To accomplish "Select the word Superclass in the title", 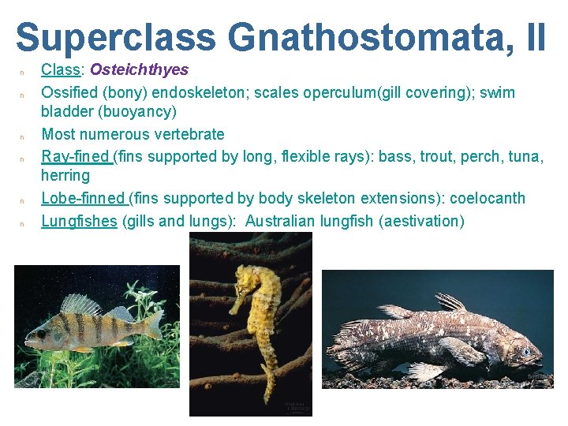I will coord(115,37).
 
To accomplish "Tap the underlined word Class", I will coord(62,70).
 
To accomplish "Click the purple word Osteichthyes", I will coord(140,70).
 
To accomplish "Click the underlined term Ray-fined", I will coord(77,156).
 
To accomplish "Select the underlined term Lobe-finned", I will coord(83,198).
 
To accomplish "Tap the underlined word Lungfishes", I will coord(79,221).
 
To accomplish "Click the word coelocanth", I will coord(485,198).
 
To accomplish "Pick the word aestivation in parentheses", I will coord(421,221).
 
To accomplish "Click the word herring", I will coord(65,175).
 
